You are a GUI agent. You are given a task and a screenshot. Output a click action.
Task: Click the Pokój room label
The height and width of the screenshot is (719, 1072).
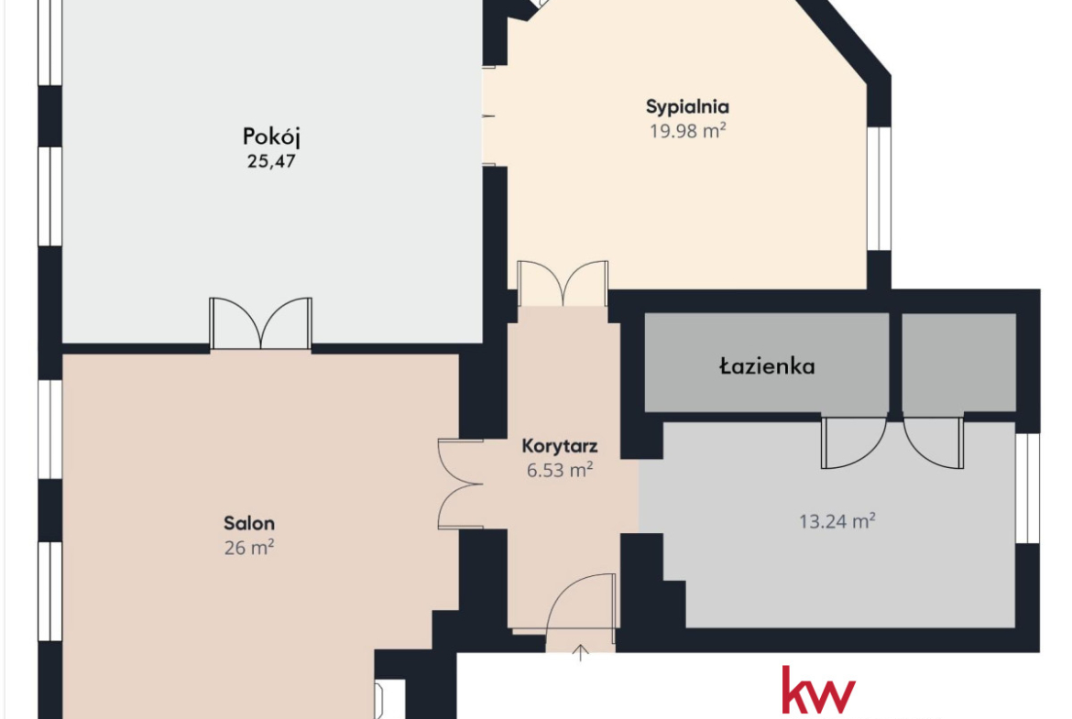click(x=271, y=137)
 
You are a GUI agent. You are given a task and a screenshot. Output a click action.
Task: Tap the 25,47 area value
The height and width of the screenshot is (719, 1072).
click(x=270, y=162)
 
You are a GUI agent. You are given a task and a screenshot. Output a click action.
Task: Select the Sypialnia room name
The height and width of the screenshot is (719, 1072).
click(x=687, y=107)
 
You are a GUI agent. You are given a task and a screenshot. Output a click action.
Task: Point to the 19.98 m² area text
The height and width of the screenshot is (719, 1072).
click(x=687, y=131)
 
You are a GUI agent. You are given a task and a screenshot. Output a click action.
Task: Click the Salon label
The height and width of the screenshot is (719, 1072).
click(x=249, y=524)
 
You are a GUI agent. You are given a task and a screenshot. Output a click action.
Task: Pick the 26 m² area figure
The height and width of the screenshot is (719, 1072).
click(x=249, y=548)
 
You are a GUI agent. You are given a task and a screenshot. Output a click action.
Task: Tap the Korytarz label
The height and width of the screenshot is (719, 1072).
click(x=559, y=446)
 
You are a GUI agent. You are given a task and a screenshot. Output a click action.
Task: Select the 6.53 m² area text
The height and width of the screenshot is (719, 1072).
click(x=559, y=470)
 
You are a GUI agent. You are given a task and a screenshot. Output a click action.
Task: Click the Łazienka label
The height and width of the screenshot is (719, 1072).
click(x=767, y=366)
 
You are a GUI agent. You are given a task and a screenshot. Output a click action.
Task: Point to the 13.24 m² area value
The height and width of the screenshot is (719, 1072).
click(x=837, y=521)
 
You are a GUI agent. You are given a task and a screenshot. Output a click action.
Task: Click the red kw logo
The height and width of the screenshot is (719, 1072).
click(x=818, y=691)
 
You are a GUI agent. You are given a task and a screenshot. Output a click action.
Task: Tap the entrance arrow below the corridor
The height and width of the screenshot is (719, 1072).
click(x=581, y=653)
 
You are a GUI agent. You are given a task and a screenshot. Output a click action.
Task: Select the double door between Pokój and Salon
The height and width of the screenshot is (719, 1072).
click(x=260, y=324)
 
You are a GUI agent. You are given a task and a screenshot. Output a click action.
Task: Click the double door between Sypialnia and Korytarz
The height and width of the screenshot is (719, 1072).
click(x=563, y=284)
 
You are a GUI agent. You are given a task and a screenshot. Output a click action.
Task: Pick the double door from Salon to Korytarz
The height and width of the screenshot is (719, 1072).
click(x=460, y=484)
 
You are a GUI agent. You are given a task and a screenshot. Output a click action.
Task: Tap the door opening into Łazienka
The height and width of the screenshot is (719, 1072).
click(x=854, y=442)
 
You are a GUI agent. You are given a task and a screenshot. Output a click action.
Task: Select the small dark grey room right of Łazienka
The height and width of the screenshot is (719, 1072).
click(x=958, y=363)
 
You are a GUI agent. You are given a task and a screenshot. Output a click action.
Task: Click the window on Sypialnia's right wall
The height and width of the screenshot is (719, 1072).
click(x=880, y=188)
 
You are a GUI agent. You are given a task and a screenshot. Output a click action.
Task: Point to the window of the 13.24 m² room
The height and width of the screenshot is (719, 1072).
click(x=1027, y=488)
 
